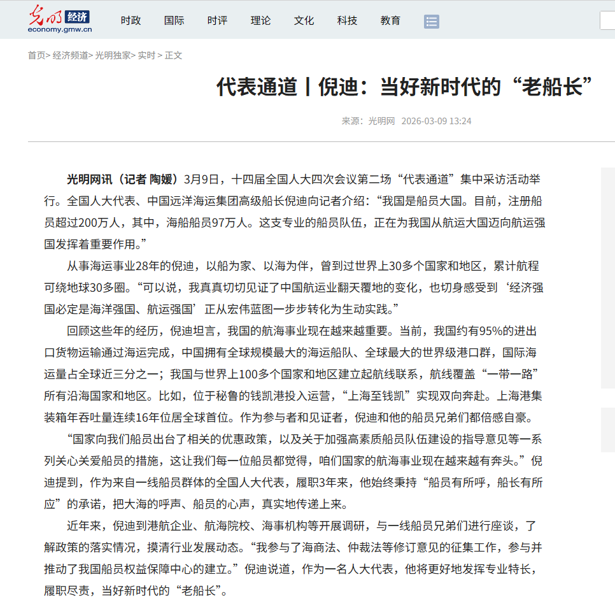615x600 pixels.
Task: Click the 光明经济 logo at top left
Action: (x=60, y=20)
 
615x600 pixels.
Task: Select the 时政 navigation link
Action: (x=131, y=20)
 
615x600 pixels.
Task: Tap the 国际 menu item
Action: (x=174, y=20)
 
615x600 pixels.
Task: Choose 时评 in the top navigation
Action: (x=217, y=20)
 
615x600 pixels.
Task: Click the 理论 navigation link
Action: (x=260, y=20)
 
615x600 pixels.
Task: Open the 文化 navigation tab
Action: (x=304, y=20)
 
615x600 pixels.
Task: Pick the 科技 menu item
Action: (x=347, y=20)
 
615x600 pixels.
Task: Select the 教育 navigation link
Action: (x=390, y=20)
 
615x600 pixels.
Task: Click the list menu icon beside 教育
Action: (x=432, y=22)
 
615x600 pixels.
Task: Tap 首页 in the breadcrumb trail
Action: (x=36, y=55)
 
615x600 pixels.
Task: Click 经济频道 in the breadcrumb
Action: (x=70, y=55)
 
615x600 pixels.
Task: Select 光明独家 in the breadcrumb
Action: (x=113, y=55)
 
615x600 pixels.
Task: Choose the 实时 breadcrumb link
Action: (x=146, y=55)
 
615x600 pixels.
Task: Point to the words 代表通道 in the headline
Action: (x=257, y=87)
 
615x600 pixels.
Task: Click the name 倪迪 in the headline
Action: (x=338, y=87)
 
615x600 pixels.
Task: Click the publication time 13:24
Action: (x=460, y=121)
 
